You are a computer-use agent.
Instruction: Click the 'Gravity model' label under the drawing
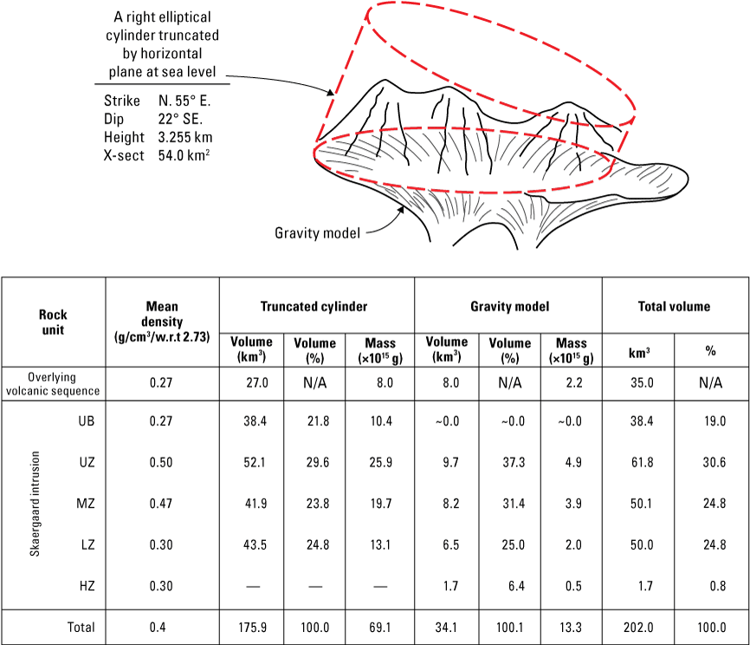(318, 232)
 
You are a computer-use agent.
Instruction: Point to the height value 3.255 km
(185, 137)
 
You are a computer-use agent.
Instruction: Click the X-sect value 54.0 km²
(185, 155)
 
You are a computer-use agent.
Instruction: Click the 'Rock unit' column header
(53, 322)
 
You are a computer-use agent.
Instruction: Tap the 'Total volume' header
(675, 306)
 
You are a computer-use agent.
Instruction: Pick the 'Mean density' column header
(162, 322)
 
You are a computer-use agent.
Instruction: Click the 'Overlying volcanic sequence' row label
(54, 384)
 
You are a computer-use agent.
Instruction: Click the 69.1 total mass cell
(380, 627)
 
